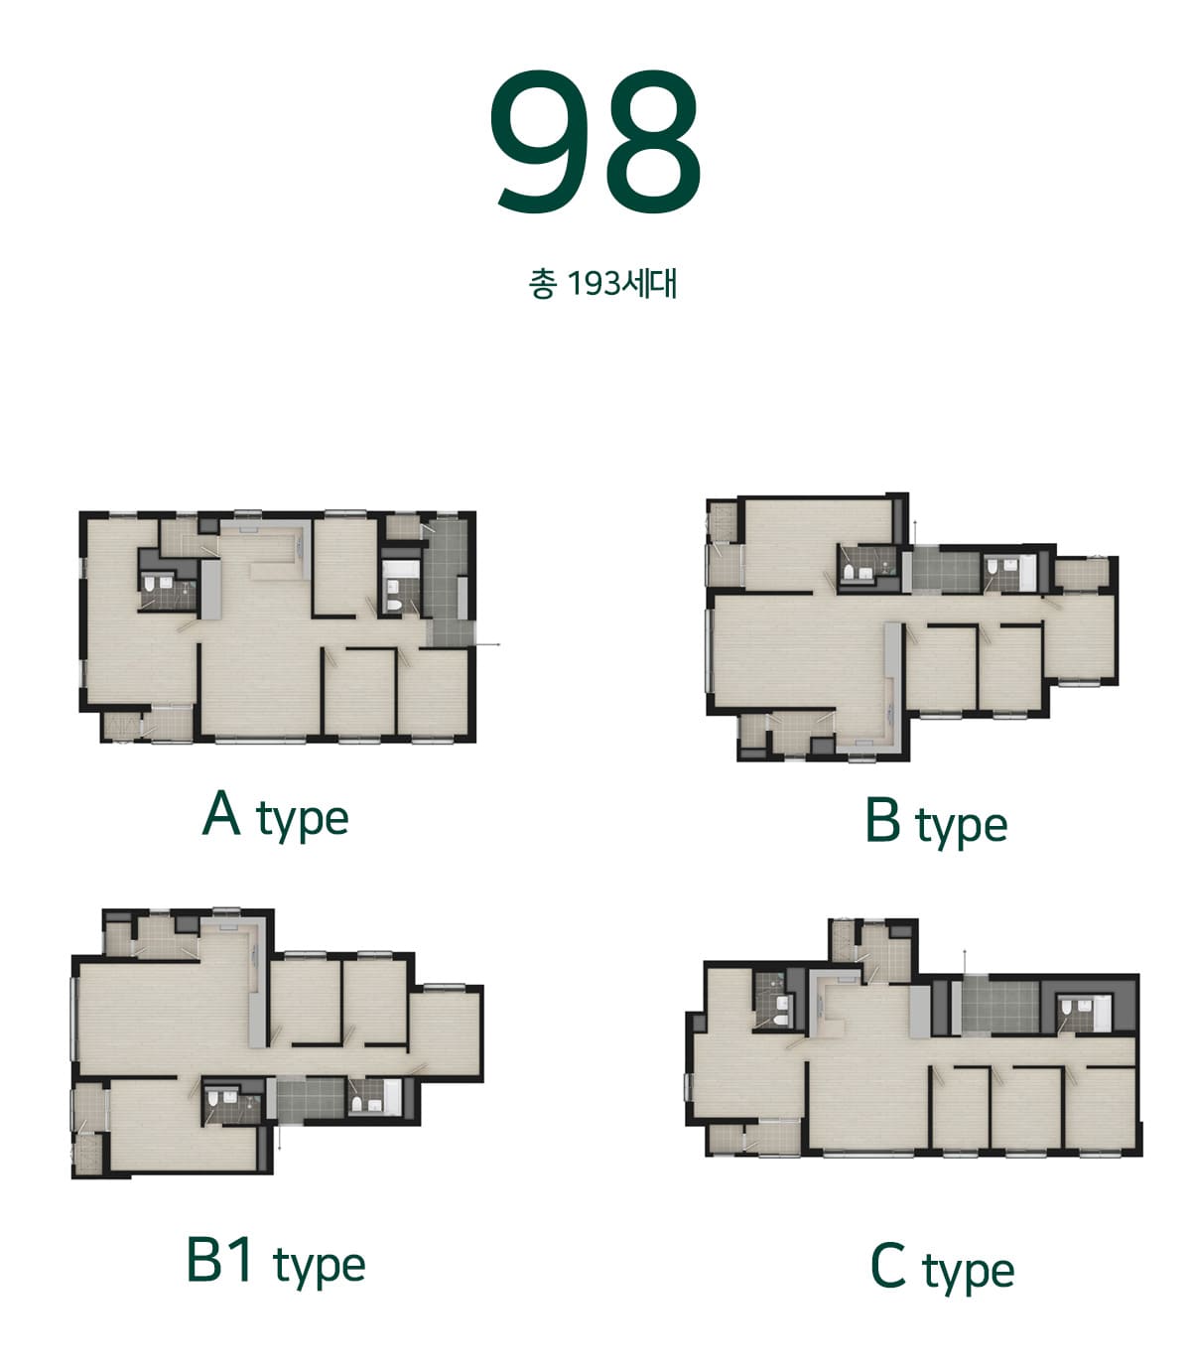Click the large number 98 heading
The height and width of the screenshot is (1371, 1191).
pyautogui.click(x=595, y=141)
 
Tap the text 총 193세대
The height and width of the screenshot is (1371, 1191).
pyautogui.click(x=602, y=284)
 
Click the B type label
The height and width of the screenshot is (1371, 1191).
pyautogui.click(x=936, y=822)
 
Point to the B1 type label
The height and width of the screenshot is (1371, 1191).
pyautogui.click(x=275, y=1262)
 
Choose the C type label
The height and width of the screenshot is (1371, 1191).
pyautogui.click(x=942, y=1267)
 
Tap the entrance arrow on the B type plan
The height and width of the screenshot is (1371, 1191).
pyautogui.click(x=915, y=533)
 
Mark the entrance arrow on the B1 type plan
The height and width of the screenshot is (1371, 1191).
pyautogui.click(x=279, y=1135)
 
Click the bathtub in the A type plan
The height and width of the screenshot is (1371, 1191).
pyautogui.click(x=401, y=570)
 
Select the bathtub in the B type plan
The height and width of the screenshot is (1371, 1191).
pyautogui.click(x=1027, y=572)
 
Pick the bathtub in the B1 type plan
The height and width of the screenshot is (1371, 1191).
pyautogui.click(x=393, y=1097)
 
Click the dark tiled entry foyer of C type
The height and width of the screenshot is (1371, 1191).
pyautogui.click(x=999, y=1007)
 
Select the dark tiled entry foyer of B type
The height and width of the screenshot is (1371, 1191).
pyautogui.click(x=945, y=570)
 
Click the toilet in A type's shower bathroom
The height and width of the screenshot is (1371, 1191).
pyautogui.click(x=150, y=584)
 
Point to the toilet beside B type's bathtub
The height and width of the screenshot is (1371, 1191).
pyautogui.click(x=992, y=568)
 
